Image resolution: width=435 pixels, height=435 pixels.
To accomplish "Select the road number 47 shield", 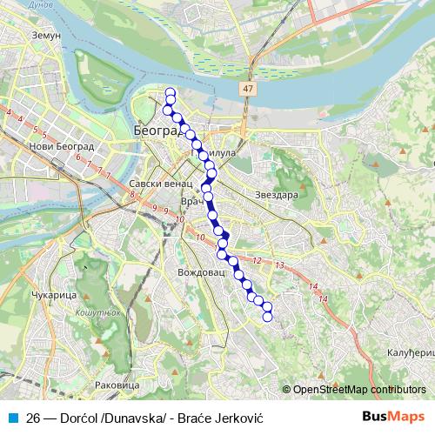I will [249, 90].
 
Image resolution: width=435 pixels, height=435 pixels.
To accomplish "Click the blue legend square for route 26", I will [12, 417].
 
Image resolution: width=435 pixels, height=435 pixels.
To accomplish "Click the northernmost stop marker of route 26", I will [171, 93].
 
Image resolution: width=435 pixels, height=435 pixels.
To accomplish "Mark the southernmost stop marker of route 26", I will [268, 316].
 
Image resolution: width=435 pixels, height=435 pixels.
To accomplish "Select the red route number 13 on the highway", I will [279, 264].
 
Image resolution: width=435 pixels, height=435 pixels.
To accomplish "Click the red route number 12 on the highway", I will [257, 260].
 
